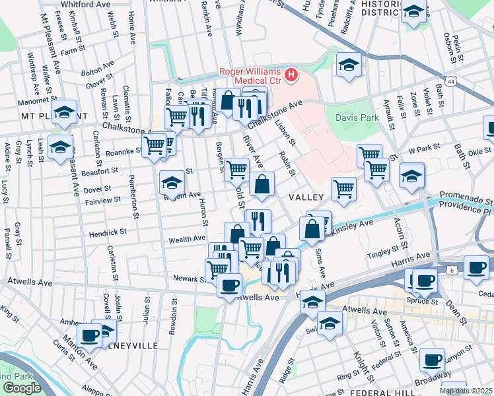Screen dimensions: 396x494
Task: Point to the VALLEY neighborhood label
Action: (x=306, y=197)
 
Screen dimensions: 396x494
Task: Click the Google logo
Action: (x=22, y=387)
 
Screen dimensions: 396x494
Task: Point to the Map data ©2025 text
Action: (x=465, y=391)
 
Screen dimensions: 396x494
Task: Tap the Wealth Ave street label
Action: (x=187, y=239)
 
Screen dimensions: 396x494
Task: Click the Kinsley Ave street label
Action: (x=357, y=226)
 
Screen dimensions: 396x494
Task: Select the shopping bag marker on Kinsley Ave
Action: (x=312, y=229)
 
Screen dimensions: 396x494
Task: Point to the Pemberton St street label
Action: (x=135, y=196)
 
